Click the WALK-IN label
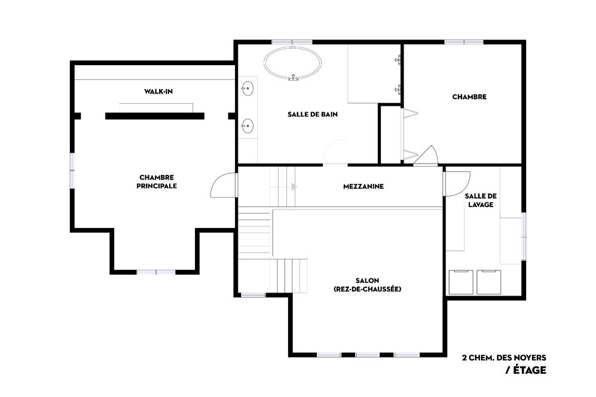[x=158, y=91]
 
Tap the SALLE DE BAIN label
[x=308, y=115]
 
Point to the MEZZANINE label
[x=363, y=186]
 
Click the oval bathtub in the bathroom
[x=292, y=63]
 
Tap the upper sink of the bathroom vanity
[x=247, y=90]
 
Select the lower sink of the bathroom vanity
[x=247, y=125]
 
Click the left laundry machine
[x=460, y=281]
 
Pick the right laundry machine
[x=488, y=281]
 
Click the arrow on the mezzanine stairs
[x=294, y=187]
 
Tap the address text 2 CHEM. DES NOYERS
[x=503, y=358]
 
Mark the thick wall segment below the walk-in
[x=155, y=116]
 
